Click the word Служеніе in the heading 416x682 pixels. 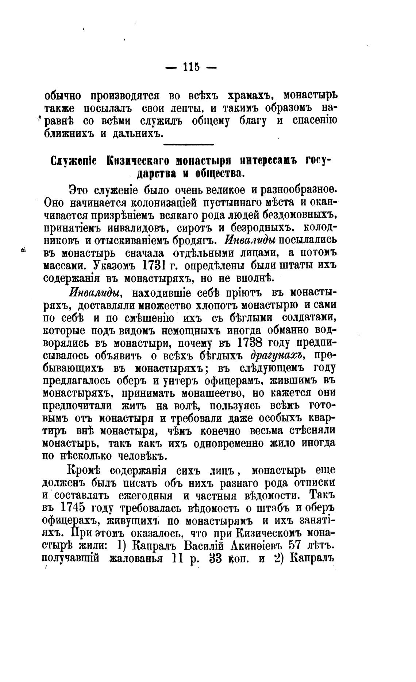click(73, 161)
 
